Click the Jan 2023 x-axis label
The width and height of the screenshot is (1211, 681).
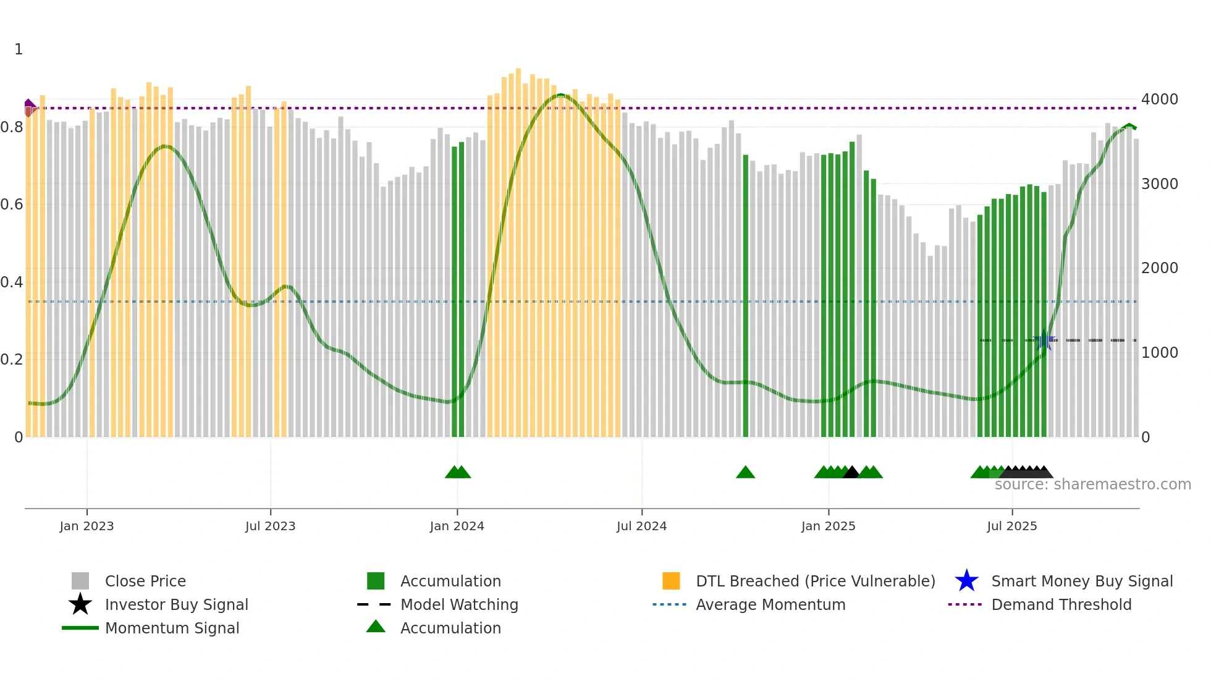(x=86, y=526)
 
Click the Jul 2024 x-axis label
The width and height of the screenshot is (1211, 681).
(x=641, y=526)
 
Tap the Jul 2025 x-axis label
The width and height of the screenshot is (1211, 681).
(x=1011, y=526)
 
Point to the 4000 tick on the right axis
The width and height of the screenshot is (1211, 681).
(x=1159, y=99)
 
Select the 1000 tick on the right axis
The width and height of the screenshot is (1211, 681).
(x=1159, y=352)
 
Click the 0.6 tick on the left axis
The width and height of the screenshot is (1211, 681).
(x=11, y=205)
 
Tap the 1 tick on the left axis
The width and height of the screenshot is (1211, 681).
(x=19, y=49)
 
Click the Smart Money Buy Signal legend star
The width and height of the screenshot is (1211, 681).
(x=966, y=581)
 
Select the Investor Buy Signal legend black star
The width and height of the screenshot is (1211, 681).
(x=80, y=604)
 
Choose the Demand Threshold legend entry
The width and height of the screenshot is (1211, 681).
(x=1061, y=604)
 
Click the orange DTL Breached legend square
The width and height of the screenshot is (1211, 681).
(x=671, y=581)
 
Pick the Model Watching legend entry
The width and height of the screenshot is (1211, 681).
(x=458, y=604)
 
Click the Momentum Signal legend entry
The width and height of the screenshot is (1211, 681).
(x=172, y=628)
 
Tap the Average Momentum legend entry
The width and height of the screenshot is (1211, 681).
(x=770, y=604)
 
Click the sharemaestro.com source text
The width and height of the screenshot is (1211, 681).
(x=1092, y=484)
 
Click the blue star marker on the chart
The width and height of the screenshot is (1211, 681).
(x=1045, y=340)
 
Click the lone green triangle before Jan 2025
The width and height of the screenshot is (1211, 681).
(x=745, y=473)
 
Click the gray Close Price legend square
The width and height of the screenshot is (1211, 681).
(x=80, y=581)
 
